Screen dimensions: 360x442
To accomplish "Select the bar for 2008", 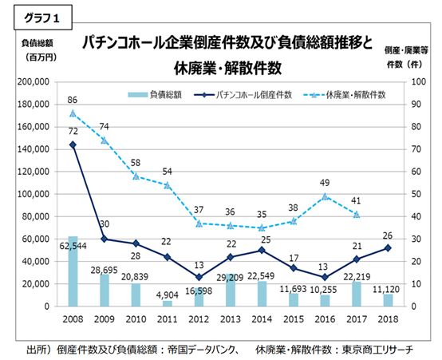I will [73, 271].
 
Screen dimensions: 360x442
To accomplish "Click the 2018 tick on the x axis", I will [388, 318].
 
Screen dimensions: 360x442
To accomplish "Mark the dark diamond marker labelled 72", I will [73, 144].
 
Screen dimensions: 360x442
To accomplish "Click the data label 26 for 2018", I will [388, 235].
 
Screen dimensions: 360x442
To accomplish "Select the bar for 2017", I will [356, 294].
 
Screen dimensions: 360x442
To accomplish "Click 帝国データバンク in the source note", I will [202, 349].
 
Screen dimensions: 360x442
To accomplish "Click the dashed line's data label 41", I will [356, 202].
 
